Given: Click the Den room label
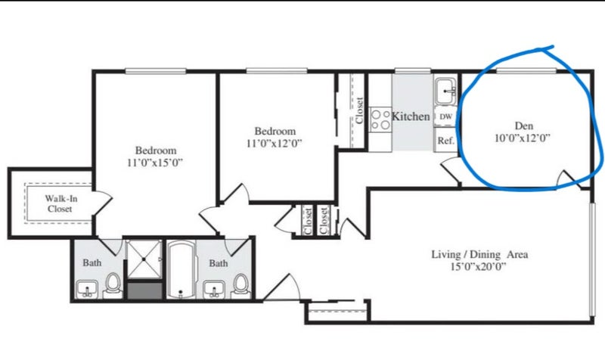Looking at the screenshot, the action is point(524,126).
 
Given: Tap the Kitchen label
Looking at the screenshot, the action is point(411,116).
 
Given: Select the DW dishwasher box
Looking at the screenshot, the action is point(445,116).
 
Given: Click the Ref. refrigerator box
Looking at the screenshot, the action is point(445,141).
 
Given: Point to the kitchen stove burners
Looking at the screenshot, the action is point(380,119).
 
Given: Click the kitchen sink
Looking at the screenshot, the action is point(446,91).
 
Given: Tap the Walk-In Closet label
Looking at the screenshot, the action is point(60,203).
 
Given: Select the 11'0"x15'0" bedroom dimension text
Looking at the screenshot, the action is point(155,163).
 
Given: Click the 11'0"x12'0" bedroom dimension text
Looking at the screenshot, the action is point(274,143).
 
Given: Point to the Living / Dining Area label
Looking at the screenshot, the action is point(479,254).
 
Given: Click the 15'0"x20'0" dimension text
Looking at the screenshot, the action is point(478,267).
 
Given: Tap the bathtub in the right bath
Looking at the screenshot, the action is point(181,269).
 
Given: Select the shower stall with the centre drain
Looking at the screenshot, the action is point(144,259).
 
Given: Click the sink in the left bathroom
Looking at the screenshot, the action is point(87,290).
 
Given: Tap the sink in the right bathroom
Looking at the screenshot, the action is point(214,290).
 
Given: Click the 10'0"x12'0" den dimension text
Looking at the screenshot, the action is point(523,138).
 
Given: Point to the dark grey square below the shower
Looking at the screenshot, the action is point(144,290).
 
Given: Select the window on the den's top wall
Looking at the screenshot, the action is point(526,70).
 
